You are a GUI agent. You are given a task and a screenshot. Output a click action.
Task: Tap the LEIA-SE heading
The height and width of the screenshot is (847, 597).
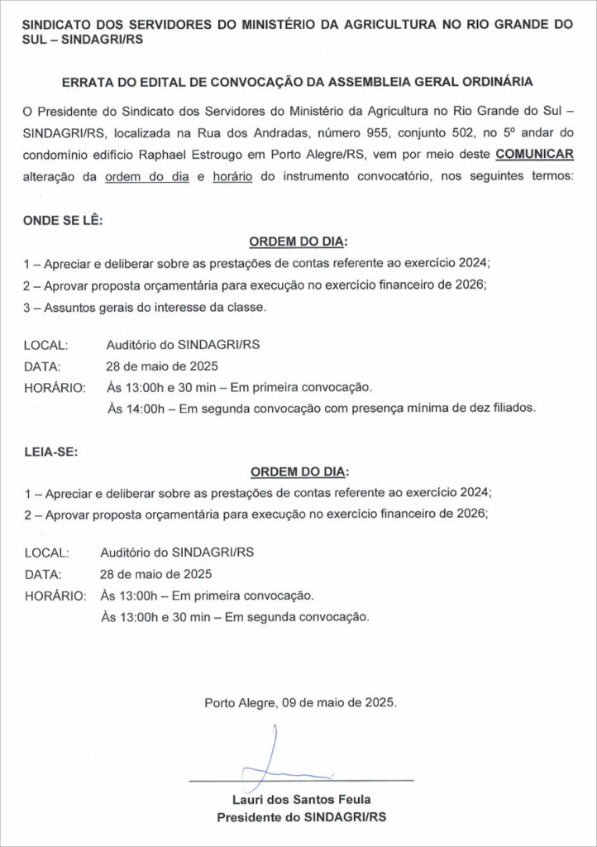[51, 451]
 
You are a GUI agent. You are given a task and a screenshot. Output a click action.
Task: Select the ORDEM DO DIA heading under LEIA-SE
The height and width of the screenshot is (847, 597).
[298, 471]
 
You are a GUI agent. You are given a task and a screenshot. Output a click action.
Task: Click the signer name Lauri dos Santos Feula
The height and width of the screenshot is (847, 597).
[301, 799]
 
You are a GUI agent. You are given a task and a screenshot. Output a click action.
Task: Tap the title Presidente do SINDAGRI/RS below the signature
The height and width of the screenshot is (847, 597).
[301, 817]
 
